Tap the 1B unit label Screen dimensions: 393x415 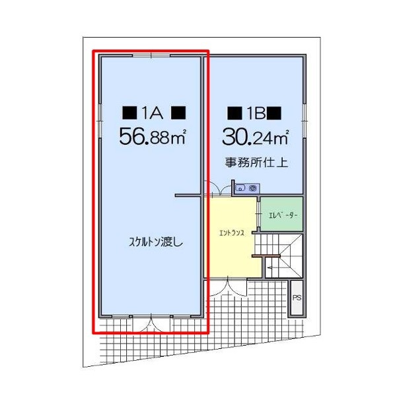pos(256,113)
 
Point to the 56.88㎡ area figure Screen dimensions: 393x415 pos(153,137)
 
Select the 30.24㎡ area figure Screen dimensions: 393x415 pos(256,137)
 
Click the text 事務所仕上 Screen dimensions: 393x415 pos(256,163)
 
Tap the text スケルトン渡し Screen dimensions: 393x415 pos(156,242)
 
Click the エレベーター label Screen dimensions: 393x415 pos(283,215)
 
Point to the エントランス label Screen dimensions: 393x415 pos(232,233)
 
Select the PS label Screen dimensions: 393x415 pos(297,298)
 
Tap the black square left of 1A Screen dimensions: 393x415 pos(129,113)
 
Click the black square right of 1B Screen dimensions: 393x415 pos(274,113)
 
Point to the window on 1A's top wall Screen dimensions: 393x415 pos(151,56)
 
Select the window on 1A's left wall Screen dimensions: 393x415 pos(100,121)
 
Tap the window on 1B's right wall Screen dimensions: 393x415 pos(304,121)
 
